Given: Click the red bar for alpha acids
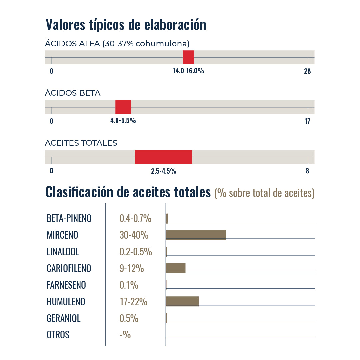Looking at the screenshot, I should pyautogui.click(x=188, y=57).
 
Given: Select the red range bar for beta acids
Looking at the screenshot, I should pyautogui.click(x=123, y=107).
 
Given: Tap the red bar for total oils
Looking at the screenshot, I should pyautogui.click(x=164, y=157).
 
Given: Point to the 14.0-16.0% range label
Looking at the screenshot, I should pyautogui.click(x=188, y=71).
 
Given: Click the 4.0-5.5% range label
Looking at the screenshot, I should pyautogui.click(x=123, y=121).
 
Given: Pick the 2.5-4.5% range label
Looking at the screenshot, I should pyautogui.click(x=164, y=171).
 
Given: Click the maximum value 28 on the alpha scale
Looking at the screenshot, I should pyautogui.click(x=307, y=71).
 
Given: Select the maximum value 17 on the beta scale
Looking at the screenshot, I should pyautogui.click(x=307, y=121).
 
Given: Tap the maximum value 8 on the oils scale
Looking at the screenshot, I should pyautogui.click(x=307, y=171).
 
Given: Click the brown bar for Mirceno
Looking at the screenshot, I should pyautogui.click(x=196, y=235).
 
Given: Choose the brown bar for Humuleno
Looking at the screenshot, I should pyautogui.click(x=182, y=301).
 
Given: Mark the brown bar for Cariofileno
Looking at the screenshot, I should pyautogui.click(x=175, y=268).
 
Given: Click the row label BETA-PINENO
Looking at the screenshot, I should pyautogui.click(x=69, y=219).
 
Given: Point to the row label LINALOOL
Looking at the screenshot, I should pyautogui.click(x=63, y=252).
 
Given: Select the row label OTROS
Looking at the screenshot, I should pyautogui.click(x=58, y=335).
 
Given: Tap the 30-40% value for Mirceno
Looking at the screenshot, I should pyautogui.click(x=134, y=235).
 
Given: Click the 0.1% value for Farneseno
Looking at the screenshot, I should pyautogui.click(x=129, y=285).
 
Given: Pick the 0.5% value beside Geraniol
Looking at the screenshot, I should pyautogui.click(x=129, y=318).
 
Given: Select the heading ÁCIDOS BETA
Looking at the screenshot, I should pyautogui.click(x=73, y=93).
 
